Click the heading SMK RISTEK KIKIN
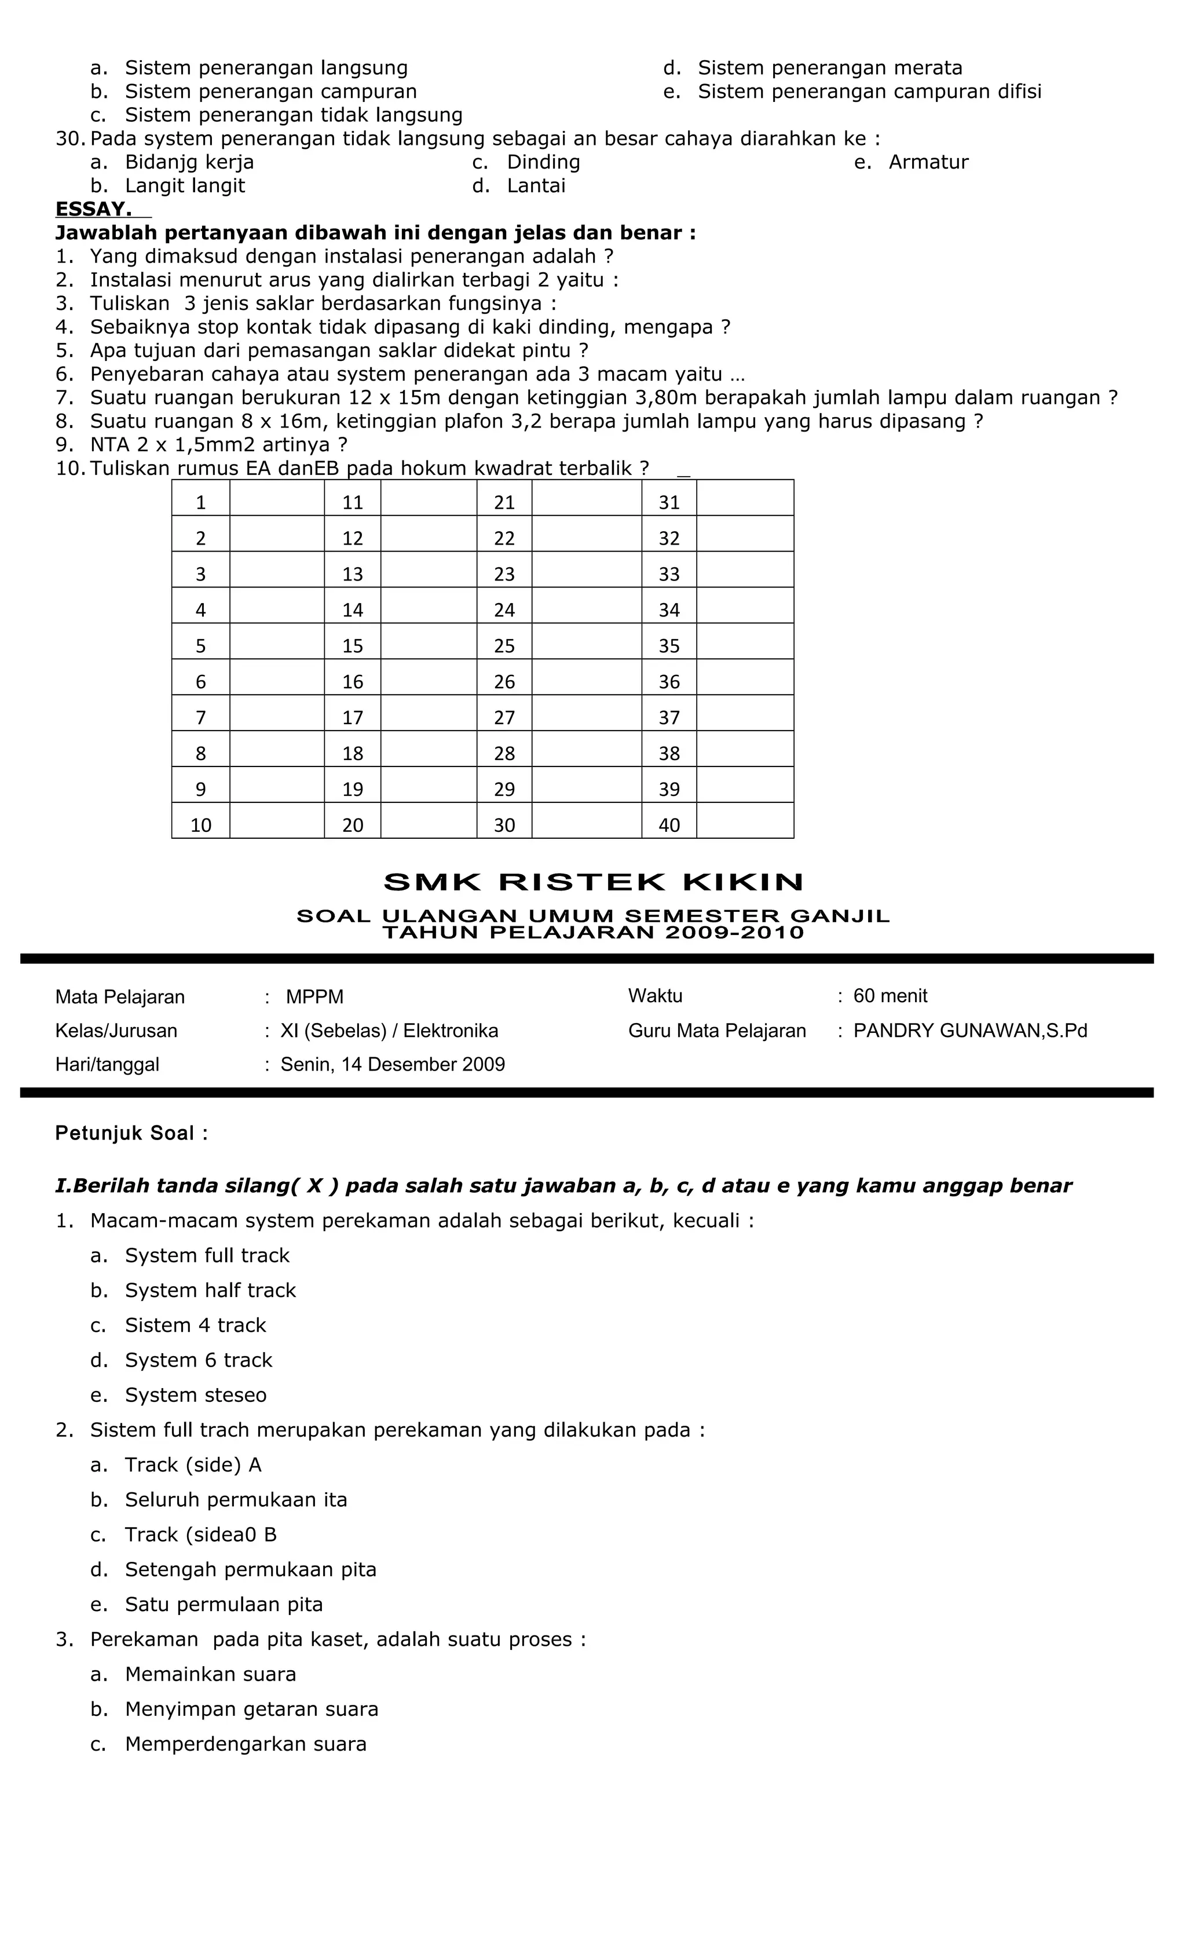click(593, 882)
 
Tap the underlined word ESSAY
click(94, 209)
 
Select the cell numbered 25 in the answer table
click(504, 645)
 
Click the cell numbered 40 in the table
click(669, 825)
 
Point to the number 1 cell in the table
click(200, 502)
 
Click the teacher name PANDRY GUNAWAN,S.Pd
click(969, 1031)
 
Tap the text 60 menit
click(889, 996)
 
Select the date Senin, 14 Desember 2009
click(393, 1064)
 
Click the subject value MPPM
click(314, 997)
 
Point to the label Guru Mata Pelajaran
click(717, 1031)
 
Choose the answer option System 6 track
click(198, 1360)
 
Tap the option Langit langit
click(185, 185)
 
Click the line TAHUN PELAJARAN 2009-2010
click(593, 933)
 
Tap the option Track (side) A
click(193, 1464)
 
